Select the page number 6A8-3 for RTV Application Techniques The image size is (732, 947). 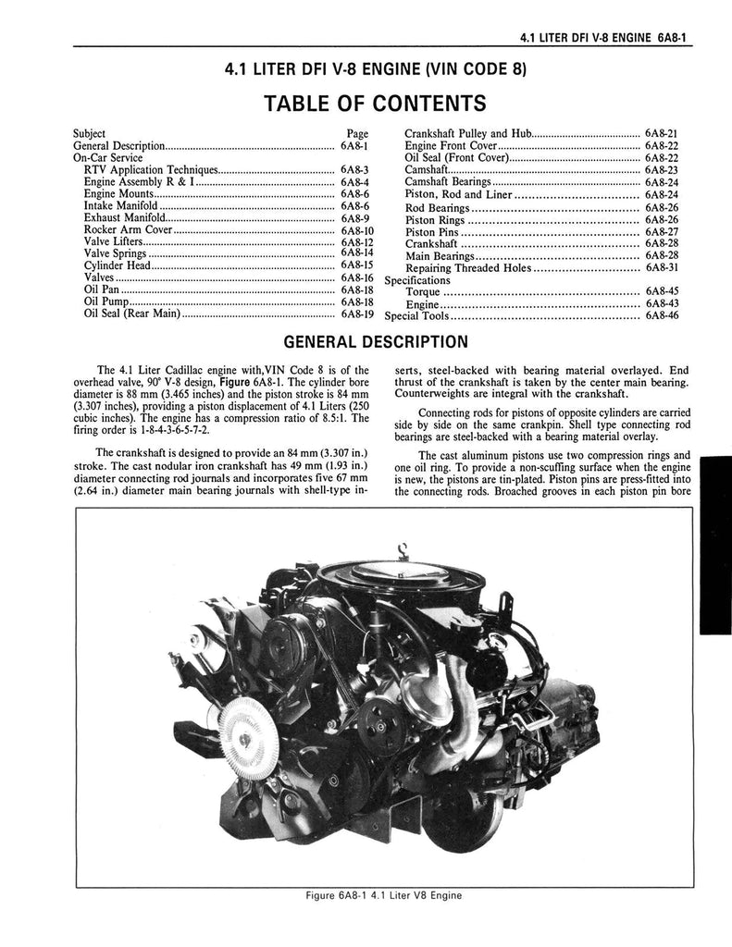point(354,170)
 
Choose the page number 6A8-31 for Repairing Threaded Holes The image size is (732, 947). point(663,267)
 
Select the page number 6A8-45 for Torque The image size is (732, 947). point(663,291)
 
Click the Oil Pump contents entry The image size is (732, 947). point(105,301)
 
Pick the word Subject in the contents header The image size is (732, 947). point(89,133)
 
